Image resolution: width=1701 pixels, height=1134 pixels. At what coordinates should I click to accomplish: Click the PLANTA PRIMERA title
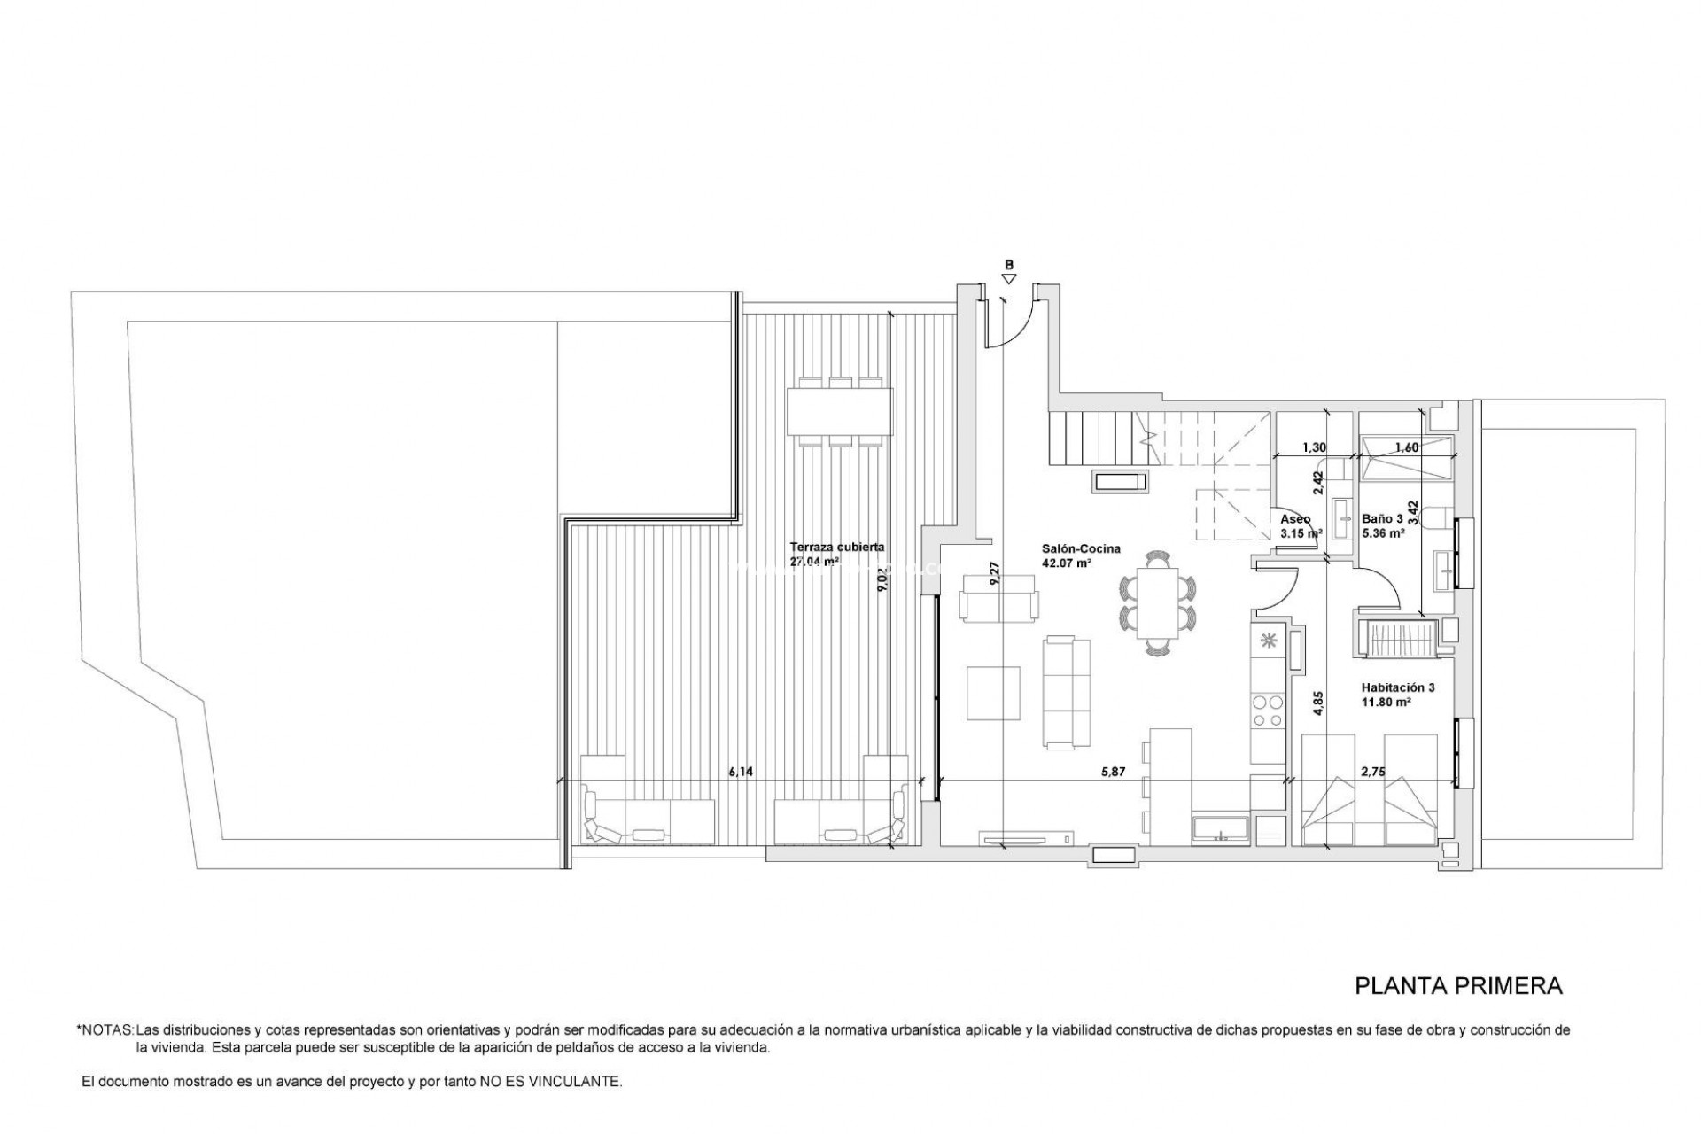[1458, 986]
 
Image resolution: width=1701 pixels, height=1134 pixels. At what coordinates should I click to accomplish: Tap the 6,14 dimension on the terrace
[741, 772]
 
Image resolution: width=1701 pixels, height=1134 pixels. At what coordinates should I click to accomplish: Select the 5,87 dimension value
[1113, 772]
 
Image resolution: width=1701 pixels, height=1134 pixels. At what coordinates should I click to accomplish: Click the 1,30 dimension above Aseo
[1314, 448]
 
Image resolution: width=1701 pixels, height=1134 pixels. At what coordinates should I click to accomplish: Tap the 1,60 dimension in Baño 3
[1407, 448]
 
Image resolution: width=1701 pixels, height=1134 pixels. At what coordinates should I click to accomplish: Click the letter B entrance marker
[1008, 264]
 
